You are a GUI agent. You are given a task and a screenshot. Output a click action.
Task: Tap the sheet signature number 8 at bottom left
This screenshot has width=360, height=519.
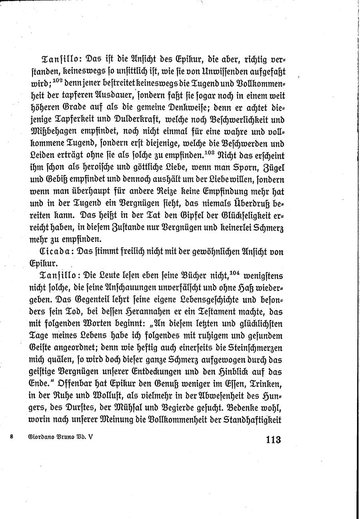tap(12, 437)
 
